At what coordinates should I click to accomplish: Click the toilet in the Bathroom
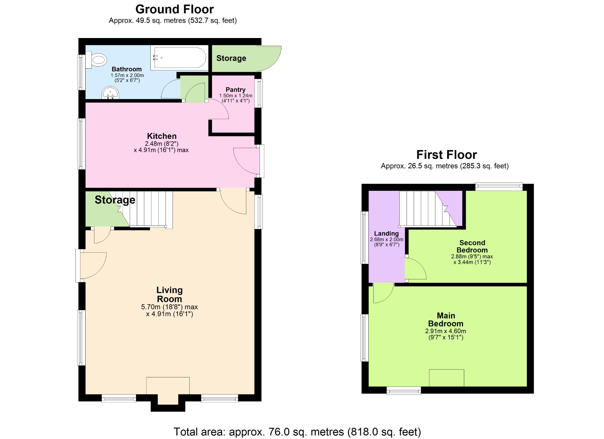[96, 60]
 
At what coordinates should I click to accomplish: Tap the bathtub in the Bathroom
[179, 58]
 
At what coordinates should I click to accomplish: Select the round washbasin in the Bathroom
[110, 93]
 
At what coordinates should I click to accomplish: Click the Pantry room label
[235, 90]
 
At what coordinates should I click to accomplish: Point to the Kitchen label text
[162, 136]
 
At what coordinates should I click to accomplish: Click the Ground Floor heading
[175, 9]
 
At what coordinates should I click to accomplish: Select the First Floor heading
[447, 155]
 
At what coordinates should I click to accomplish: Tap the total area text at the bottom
[297, 432]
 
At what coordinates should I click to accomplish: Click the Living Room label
[170, 295]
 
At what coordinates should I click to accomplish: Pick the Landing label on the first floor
[386, 234]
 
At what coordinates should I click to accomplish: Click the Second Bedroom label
[472, 246]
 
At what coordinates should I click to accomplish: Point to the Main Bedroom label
[446, 320]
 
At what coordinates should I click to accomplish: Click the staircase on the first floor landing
[428, 209]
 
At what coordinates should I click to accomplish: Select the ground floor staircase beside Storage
[151, 209]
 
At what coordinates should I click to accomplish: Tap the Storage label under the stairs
[115, 200]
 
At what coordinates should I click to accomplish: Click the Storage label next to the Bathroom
[231, 58]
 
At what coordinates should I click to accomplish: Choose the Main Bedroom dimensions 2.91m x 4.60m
[446, 331]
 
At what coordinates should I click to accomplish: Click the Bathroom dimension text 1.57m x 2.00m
[127, 75]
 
